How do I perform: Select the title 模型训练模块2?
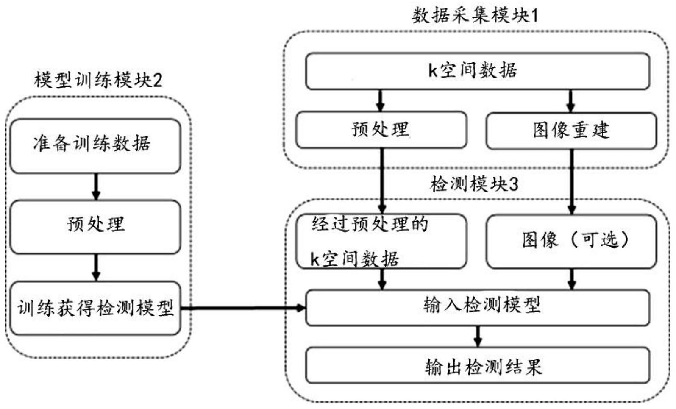(x=98, y=80)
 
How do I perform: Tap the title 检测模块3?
(x=474, y=184)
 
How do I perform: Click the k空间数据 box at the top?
(x=477, y=71)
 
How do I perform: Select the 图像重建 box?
(x=571, y=131)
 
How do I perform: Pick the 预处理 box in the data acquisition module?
(x=381, y=130)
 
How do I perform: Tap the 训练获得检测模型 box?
(x=95, y=308)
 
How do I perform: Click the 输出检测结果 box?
(x=477, y=365)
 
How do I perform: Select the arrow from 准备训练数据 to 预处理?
(x=96, y=186)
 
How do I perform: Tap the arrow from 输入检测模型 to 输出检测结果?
(x=478, y=337)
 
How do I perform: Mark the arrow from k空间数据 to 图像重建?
(x=570, y=101)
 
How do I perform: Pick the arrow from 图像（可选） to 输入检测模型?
(x=571, y=279)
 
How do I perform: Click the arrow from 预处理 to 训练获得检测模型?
(x=96, y=267)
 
